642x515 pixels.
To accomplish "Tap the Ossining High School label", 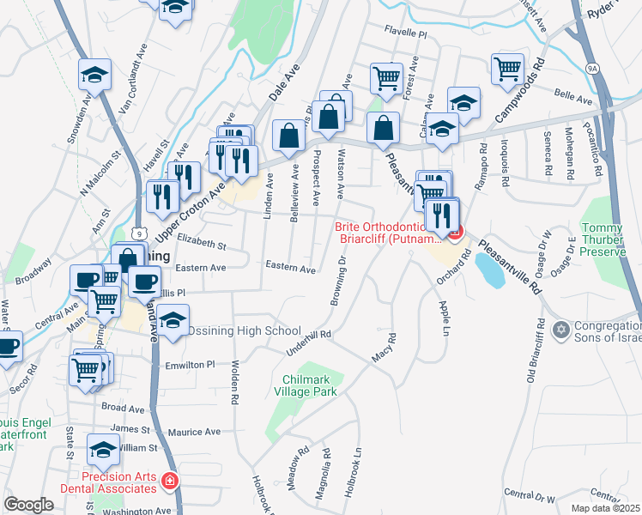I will pyautogui.click(x=245, y=330).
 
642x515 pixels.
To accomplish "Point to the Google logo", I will pyautogui.click(x=28, y=505).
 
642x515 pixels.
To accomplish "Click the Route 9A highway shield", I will pyautogui.click(x=592, y=66).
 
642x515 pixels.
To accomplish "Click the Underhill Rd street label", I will pyautogui.click(x=307, y=342).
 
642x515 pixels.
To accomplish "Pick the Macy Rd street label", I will pyautogui.click(x=383, y=348).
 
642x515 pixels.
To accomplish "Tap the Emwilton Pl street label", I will pyautogui.click(x=190, y=365).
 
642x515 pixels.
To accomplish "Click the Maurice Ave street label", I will pyautogui.click(x=194, y=433).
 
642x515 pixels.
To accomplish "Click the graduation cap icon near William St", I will pyautogui.click(x=104, y=450).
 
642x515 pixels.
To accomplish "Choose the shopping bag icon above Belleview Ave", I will pyautogui.click(x=289, y=135).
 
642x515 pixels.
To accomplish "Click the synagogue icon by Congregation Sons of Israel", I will pyautogui.click(x=561, y=330).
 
